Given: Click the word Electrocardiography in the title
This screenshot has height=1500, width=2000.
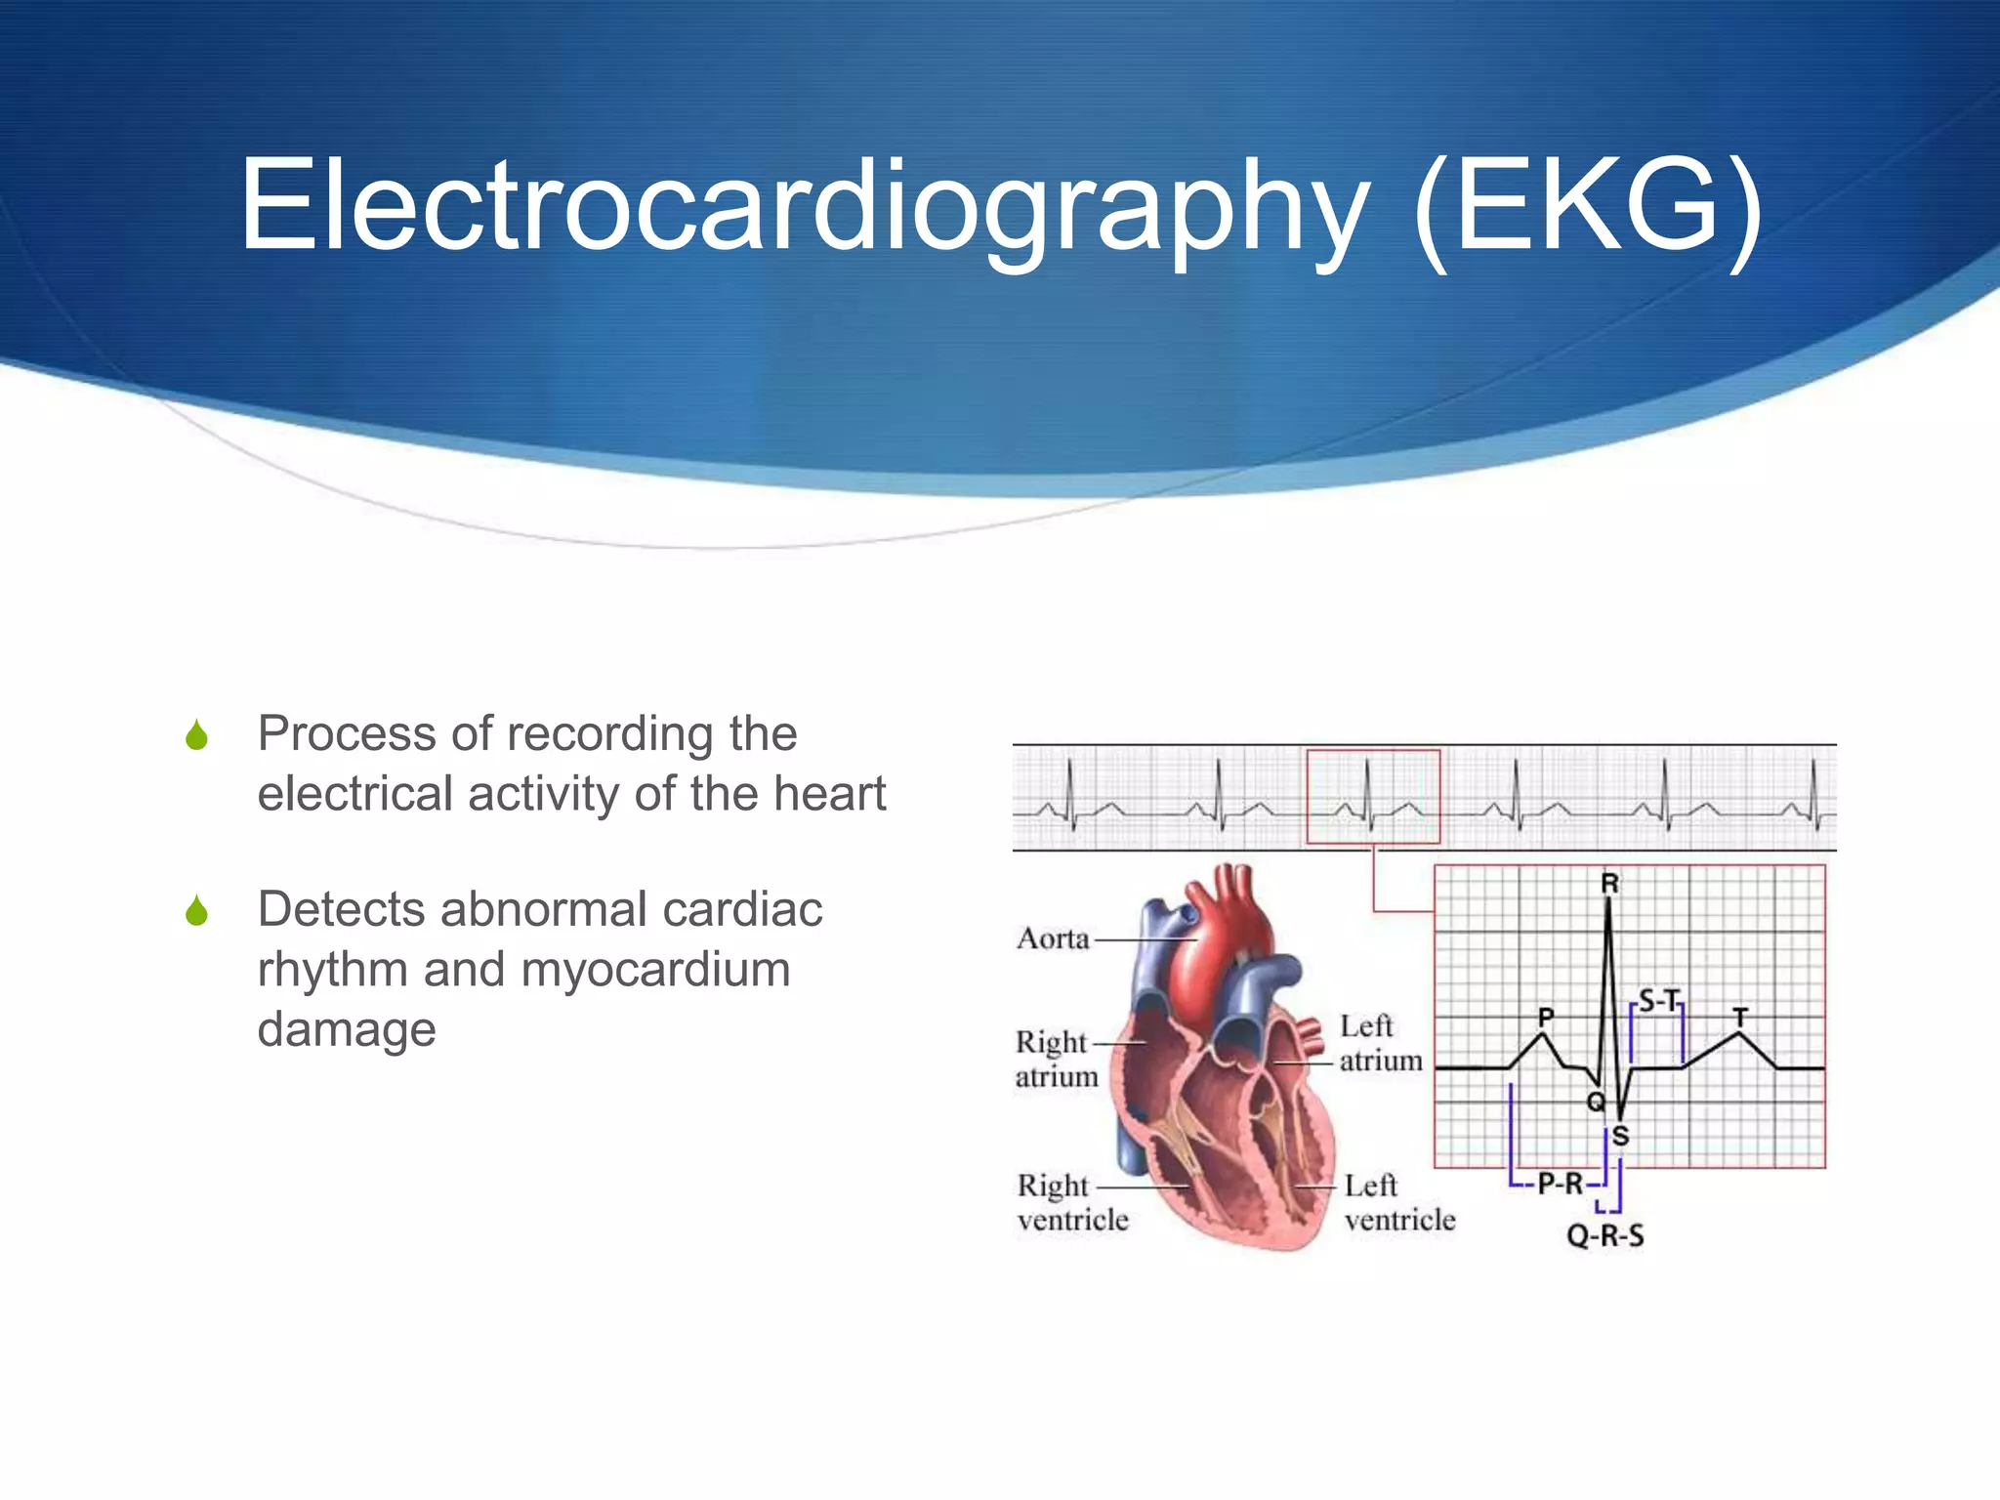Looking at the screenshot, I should (801, 207).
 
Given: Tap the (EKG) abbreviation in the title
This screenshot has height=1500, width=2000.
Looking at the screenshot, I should (1588, 207).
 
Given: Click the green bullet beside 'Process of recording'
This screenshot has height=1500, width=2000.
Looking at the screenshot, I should (197, 735).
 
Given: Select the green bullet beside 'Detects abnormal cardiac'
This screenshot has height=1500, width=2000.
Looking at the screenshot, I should (197, 911).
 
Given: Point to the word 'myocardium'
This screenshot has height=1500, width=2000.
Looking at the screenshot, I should (655, 970).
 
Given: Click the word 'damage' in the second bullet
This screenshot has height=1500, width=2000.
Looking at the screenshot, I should (347, 1029).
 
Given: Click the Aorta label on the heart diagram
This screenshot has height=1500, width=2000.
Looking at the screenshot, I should (1053, 938).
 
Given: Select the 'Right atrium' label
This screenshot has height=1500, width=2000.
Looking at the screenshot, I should (1056, 1060).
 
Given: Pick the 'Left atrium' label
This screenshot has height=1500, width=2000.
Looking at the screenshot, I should (1379, 1043).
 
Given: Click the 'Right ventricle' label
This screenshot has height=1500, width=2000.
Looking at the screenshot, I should (1072, 1202).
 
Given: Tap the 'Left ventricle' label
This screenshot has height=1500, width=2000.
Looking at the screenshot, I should (1398, 1202).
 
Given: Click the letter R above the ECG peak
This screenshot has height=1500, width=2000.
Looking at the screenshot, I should (1610, 884).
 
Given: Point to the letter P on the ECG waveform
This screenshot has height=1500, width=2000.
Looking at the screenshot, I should (1546, 1017).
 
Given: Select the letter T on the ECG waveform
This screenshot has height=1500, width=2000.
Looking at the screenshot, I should (1740, 1017).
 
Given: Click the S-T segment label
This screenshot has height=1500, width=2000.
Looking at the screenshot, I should (1658, 1001).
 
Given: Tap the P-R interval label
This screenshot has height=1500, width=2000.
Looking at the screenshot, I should (1560, 1184).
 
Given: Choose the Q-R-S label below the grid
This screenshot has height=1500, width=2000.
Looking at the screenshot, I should (1605, 1235).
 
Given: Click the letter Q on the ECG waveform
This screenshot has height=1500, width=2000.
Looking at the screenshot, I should (1596, 1103).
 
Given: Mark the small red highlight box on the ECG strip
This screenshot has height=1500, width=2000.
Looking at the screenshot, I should (1373, 796).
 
